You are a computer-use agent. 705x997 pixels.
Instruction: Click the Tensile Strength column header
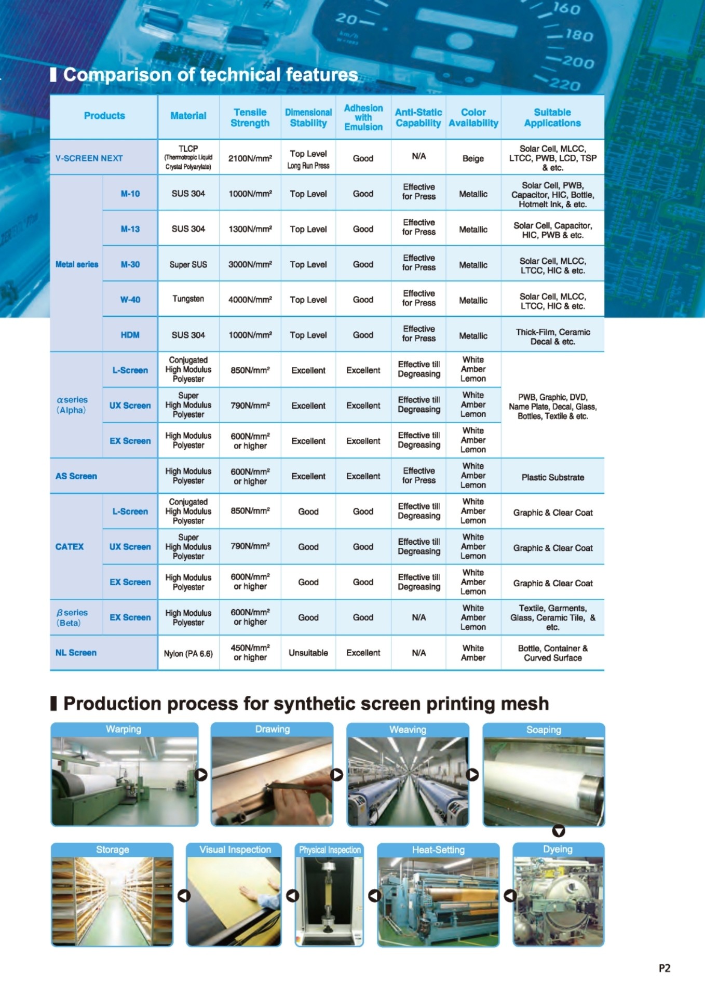point(250,117)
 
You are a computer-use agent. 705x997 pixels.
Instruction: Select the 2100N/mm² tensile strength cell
point(250,158)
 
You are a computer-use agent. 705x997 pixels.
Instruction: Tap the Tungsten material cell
point(188,299)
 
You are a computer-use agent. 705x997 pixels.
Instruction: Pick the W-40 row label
point(130,300)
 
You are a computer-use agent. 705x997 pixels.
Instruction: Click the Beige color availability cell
point(473,158)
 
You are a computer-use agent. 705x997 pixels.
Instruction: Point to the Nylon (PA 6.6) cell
point(188,653)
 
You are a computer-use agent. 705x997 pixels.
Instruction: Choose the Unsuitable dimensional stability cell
point(308,653)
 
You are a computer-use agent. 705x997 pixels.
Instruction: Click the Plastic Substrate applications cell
point(552,477)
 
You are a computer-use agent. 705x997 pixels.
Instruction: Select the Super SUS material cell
point(188,264)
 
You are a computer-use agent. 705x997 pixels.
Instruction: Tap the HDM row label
point(130,335)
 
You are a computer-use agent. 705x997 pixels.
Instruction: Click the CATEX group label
point(70,546)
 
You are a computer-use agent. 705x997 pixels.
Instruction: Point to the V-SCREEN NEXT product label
point(89,158)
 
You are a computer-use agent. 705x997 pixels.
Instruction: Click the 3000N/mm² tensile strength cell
point(250,264)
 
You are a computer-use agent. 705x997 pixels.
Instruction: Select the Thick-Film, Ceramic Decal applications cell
point(552,336)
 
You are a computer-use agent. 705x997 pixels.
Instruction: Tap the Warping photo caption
point(124,729)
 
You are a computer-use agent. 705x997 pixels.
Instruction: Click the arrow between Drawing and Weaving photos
point(337,775)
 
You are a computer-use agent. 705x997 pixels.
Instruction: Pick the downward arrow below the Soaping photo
point(558,831)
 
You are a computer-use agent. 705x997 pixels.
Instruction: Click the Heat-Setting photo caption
point(438,850)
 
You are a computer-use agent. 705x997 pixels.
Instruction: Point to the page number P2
point(664,968)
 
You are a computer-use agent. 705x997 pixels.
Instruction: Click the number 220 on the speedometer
point(564,84)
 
